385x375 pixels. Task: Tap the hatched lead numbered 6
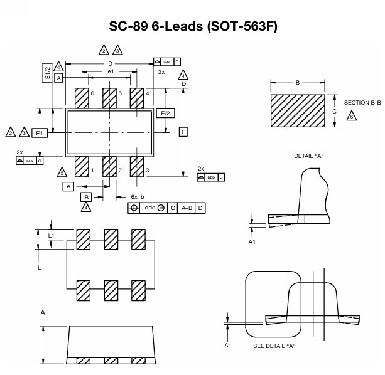point(82,98)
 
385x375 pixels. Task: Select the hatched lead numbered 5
point(109,98)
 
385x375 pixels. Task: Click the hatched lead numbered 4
point(137,98)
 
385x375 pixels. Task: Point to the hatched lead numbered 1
point(82,166)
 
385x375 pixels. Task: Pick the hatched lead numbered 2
point(109,166)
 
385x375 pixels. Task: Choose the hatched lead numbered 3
point(137,166)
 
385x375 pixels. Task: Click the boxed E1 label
point(39,133)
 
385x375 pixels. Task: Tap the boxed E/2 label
point(165,113)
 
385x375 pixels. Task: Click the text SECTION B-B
point(363,102)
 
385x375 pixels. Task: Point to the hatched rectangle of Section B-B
point(298,111)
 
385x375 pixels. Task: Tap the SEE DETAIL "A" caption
point(274,346)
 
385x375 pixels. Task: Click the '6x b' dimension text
point(137,197)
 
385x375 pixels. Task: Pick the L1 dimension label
point(52,235)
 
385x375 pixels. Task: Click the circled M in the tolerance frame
point(161,208)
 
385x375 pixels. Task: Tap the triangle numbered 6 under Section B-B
point(352,116)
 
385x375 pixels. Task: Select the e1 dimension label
point(111,72)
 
